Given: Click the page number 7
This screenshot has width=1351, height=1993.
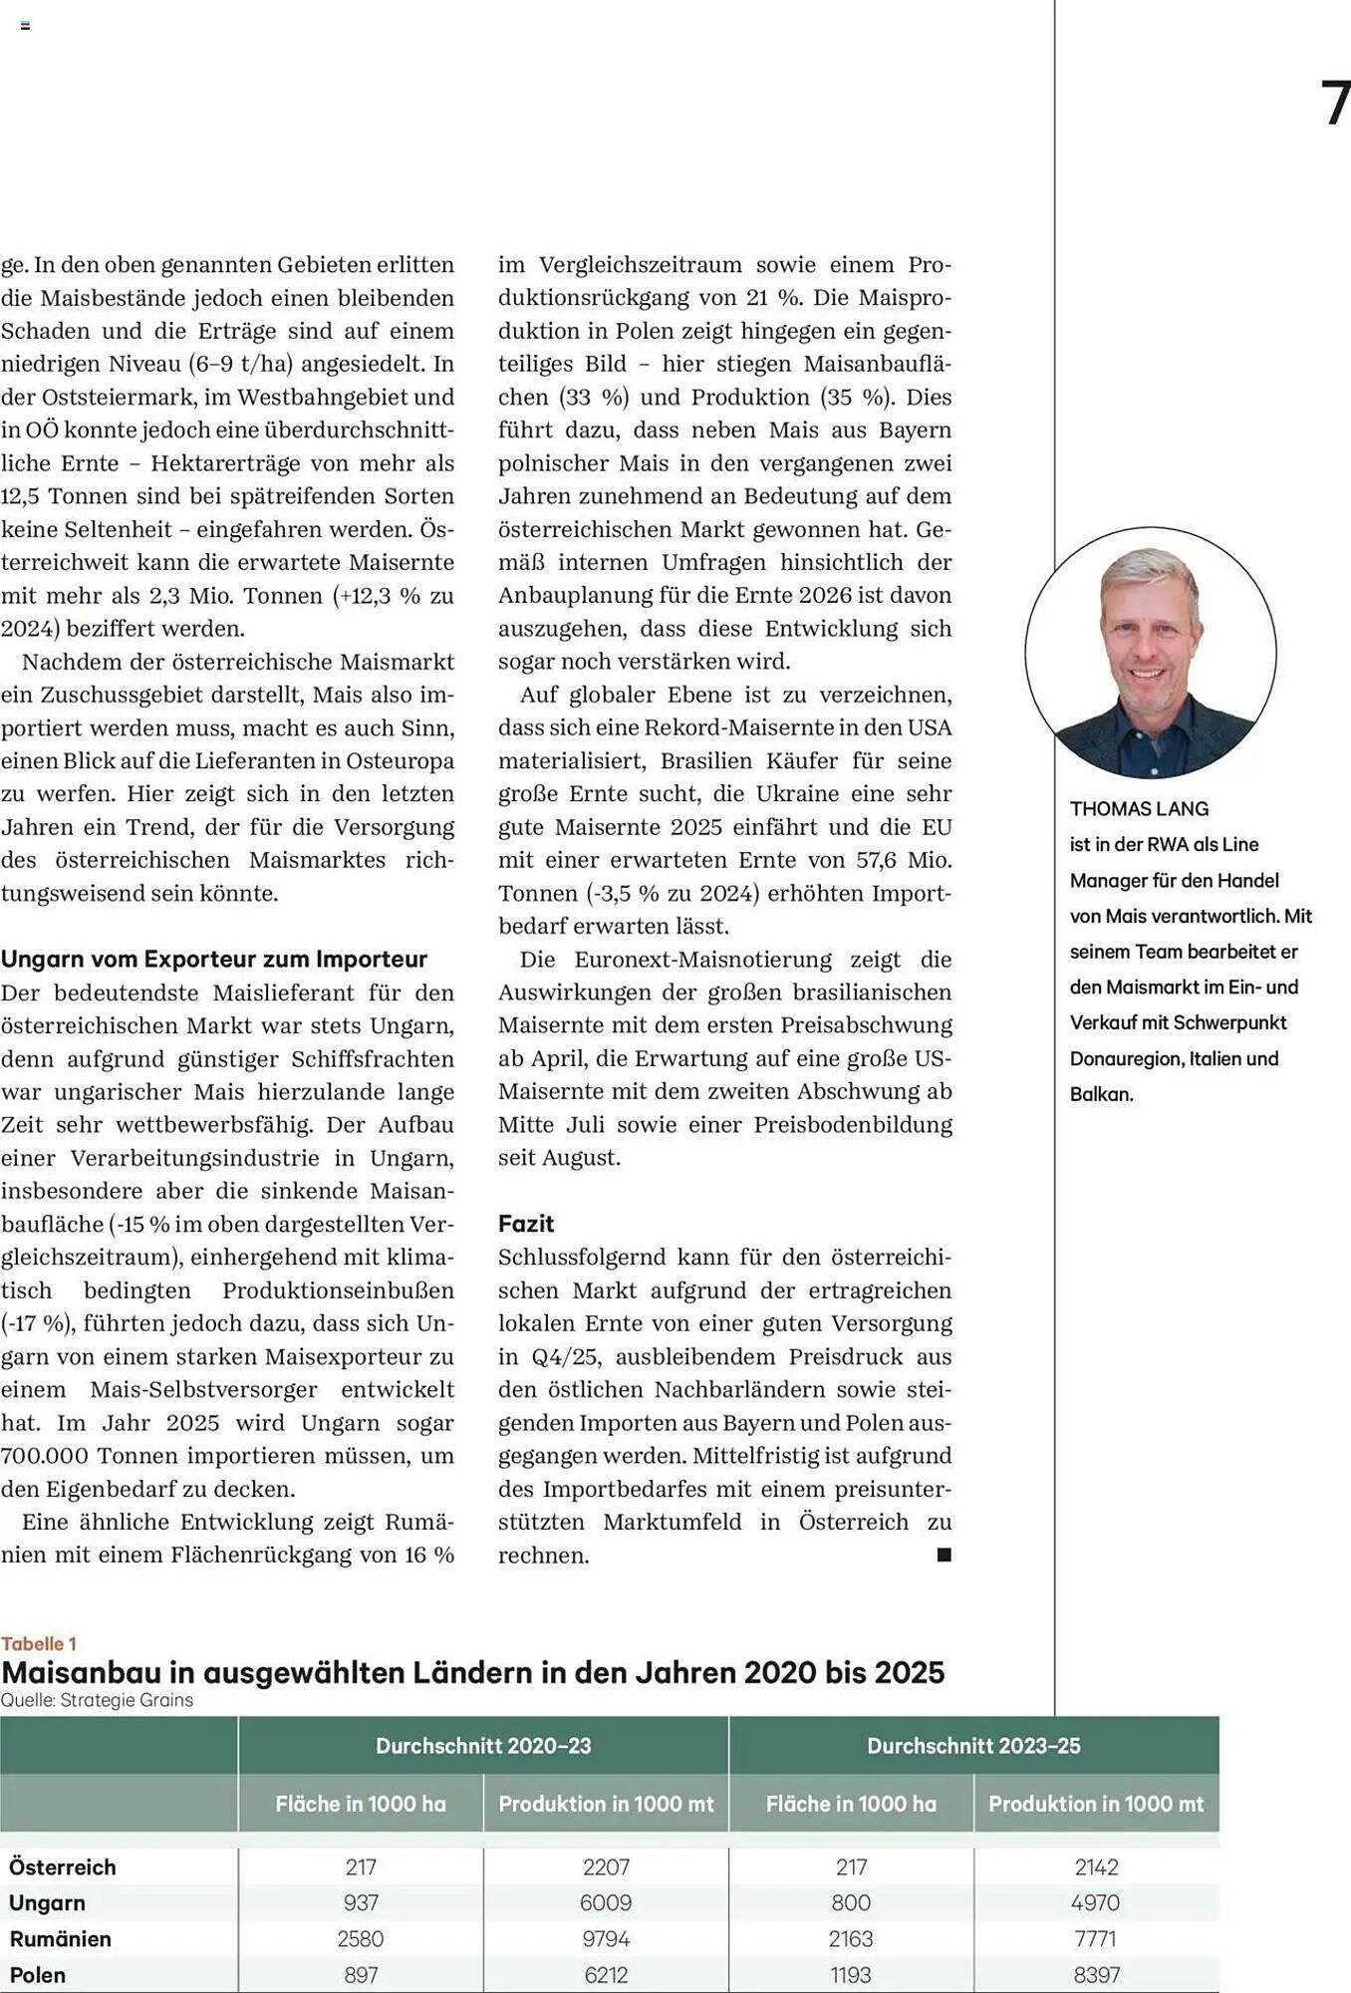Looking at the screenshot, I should pos(1335,104).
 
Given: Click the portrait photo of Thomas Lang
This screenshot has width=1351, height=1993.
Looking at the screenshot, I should pos(1151,653).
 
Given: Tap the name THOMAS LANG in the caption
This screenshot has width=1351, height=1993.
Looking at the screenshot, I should pos(1139,809).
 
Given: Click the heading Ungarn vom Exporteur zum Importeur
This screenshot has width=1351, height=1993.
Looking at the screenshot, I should pos(214,959).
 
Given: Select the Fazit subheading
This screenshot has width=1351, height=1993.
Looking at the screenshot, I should pos(526,1224).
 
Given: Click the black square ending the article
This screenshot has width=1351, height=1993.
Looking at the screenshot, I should pos(945,1555).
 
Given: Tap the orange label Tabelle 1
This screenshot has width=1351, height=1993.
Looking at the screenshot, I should pos(39,1644).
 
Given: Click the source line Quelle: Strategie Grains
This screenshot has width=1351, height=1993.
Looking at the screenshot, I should pos(97,1700).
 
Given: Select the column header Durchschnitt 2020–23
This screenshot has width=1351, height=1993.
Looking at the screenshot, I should pos(483,1746).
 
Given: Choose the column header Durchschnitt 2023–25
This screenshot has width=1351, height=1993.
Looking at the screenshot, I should pos(973,1746).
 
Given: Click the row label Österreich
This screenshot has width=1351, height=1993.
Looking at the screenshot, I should pos(63,1867).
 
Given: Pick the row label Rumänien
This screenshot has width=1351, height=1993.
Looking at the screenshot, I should pos(61,1939).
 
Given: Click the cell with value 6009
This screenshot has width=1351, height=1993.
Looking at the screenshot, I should pos(606,1903).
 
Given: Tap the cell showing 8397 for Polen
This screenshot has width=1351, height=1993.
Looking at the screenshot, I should pos(1096,1975).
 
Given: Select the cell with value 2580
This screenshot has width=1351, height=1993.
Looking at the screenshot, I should pos(361,1939).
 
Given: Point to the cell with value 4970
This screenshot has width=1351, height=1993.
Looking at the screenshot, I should pos(1096,1903).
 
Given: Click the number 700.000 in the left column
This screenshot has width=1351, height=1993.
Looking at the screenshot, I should pos(45,1456).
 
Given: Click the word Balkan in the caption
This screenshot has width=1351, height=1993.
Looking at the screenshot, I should pos(1101,1094).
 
